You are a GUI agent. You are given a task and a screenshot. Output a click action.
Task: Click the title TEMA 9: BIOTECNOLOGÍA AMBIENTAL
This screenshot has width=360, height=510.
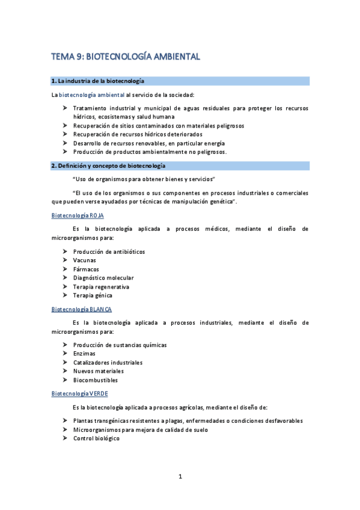pos(125,57)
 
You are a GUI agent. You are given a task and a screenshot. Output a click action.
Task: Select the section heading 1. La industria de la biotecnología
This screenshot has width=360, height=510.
pos(97,81)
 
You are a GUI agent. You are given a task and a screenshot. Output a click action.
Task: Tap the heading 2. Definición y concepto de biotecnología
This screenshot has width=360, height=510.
pos(108,165)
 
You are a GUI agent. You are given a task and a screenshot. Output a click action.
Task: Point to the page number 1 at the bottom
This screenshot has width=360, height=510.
pos(180,477)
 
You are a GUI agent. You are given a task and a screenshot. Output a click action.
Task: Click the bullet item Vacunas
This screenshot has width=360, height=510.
pos(84,260)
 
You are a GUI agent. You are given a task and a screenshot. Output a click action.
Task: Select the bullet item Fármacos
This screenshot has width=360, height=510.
pos(86,269)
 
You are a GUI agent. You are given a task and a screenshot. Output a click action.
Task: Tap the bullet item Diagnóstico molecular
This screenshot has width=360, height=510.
pos(103,278)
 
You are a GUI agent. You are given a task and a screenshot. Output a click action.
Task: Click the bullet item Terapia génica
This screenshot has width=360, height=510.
pos(93,295)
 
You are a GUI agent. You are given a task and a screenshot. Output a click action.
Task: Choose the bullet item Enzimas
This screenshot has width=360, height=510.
pos(84,354)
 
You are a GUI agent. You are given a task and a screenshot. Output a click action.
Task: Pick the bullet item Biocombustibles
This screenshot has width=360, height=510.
pos(96,380)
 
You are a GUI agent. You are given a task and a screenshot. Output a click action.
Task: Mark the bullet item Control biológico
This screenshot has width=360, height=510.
pos(96,438)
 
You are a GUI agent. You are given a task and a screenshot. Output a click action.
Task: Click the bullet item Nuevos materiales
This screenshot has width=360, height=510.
pos(98,371)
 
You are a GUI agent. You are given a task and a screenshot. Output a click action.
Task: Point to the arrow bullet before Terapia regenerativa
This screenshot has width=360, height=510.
pos(65,287)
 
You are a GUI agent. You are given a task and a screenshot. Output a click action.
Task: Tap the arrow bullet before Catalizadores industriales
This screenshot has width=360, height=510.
pos(65,363)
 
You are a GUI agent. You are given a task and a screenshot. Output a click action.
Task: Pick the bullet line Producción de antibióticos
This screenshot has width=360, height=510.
pos(109,251)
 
